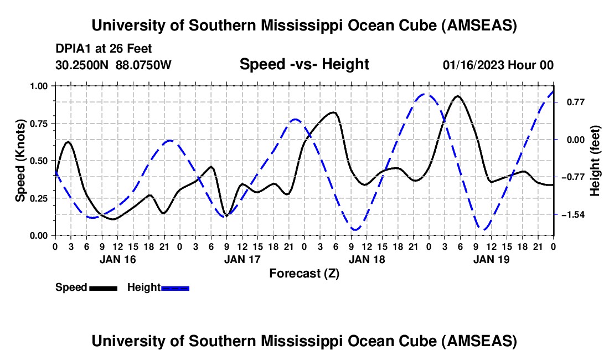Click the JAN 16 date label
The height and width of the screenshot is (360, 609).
tap(117, 259)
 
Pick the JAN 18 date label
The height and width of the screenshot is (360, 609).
tap(367, 259)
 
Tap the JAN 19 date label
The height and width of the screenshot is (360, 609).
tap(491, 259)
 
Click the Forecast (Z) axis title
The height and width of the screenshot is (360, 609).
tap(304, 273)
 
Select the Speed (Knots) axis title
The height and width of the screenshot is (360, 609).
tap(20, 161)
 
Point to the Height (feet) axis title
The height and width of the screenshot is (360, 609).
tap(595, 161)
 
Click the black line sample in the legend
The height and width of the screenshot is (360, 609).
tap(103, 287)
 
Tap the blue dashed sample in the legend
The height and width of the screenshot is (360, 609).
tap(175, 287)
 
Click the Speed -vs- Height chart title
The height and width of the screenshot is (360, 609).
tap(304, 64)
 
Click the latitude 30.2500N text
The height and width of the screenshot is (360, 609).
tap(83, 65)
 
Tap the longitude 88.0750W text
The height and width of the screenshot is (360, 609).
tap(143, 65)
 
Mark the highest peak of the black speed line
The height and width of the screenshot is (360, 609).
tap(457, 96)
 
